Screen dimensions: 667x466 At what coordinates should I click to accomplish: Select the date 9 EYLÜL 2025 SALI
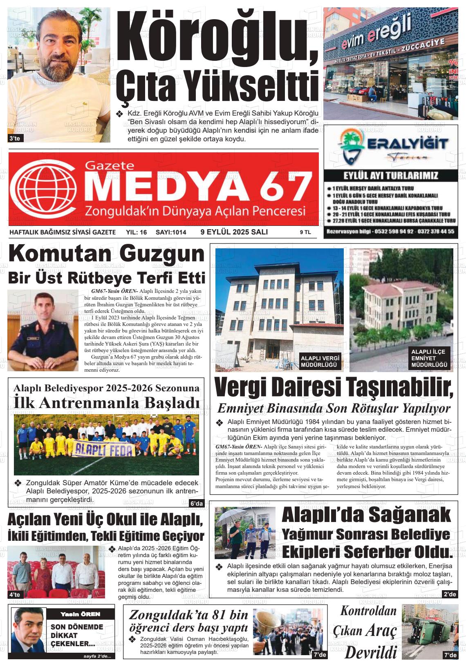(x=234, y=232)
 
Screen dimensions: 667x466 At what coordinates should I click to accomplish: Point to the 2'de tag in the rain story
(x=449, y=594)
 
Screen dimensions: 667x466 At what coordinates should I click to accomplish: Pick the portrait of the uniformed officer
(x=43, y=330)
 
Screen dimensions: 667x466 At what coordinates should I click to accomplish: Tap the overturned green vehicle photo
(x=430, y=631)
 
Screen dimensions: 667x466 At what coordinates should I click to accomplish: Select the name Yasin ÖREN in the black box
(x=80, y=614)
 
